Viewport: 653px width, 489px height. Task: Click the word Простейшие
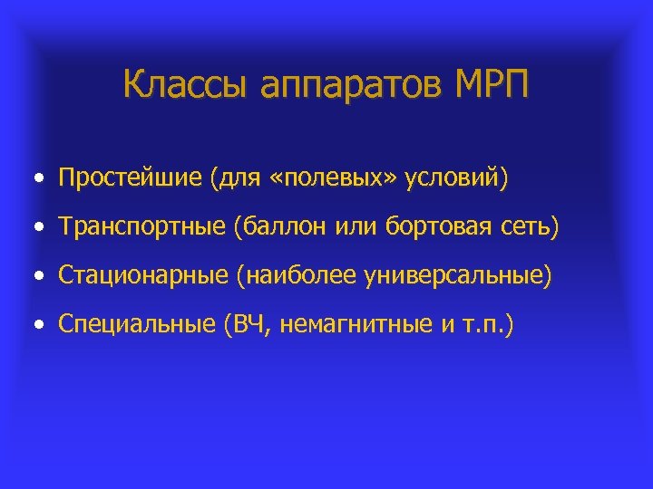[130, 177]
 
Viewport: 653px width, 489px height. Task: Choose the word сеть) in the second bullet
[528, 227]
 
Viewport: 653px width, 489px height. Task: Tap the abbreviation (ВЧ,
[246, 324]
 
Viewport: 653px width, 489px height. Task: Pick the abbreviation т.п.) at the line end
[485, 324]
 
